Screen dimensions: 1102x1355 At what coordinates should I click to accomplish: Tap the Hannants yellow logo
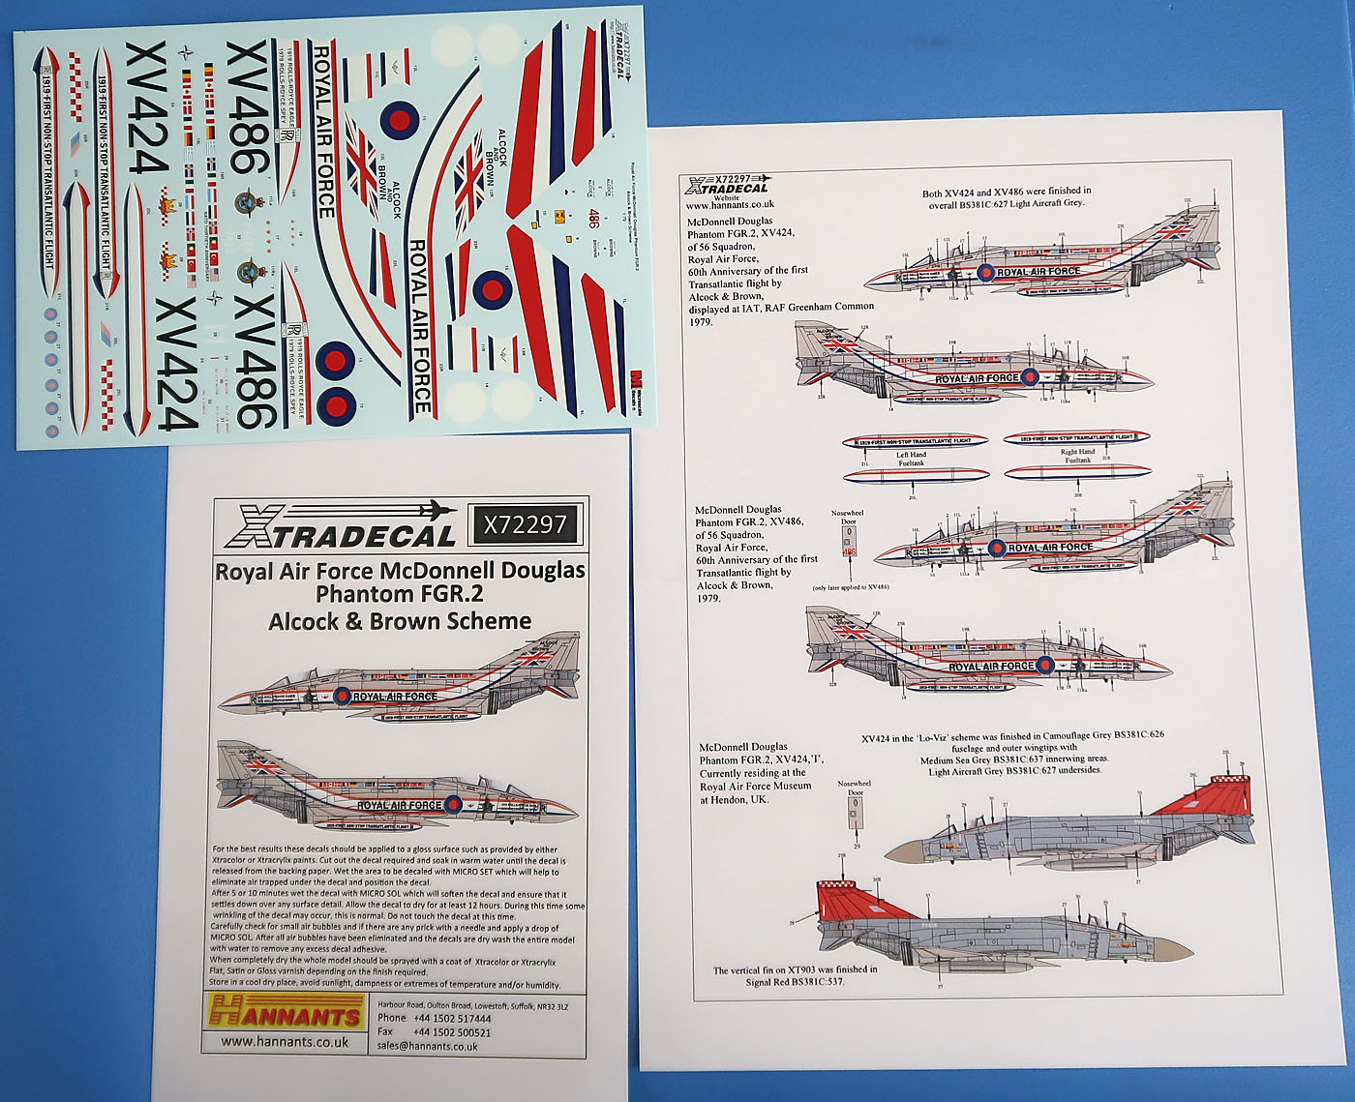(286, 1012)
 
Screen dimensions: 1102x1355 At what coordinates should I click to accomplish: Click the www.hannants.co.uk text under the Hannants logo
(285, 1042)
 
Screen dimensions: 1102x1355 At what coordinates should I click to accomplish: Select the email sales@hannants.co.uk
(427, 1046)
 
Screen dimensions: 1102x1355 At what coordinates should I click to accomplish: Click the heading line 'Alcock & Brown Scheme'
(400, 621)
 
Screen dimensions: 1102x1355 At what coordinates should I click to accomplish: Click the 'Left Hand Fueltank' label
(911, 459)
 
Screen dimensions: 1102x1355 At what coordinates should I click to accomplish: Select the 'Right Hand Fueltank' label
(1077, 456)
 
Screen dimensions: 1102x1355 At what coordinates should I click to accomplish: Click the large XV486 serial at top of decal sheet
(247, 107)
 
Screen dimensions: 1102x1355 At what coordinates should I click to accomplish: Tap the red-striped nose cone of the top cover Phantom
(235, 699)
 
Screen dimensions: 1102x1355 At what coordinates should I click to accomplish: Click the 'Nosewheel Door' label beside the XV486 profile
(848, 518)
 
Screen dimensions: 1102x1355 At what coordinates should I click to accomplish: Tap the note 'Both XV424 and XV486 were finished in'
(1007, 192)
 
